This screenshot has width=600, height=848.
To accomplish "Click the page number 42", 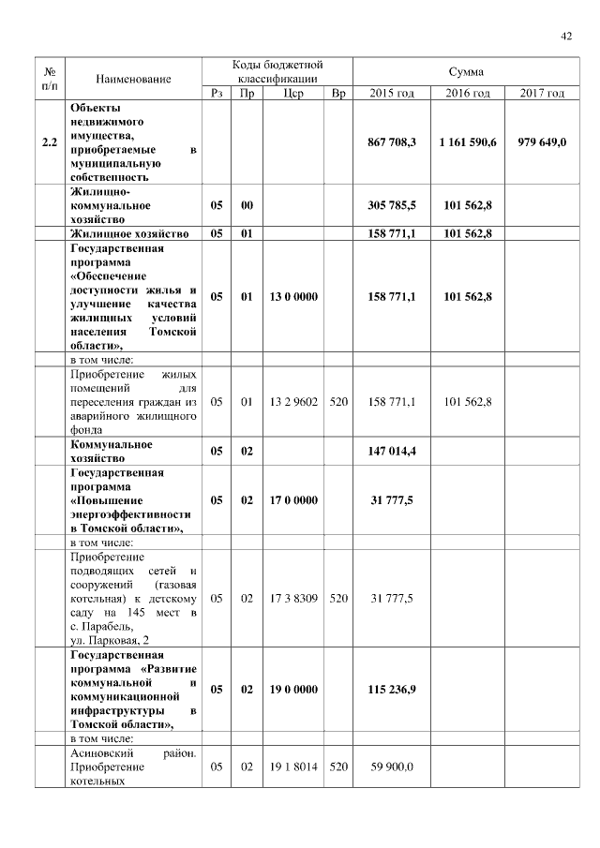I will [566, 37].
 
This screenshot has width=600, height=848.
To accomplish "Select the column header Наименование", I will [133, 80].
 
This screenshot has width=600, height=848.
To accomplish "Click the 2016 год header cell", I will [467, 94].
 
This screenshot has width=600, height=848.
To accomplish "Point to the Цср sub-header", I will [292, 94].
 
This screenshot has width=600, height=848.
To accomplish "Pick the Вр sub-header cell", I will [338, 94].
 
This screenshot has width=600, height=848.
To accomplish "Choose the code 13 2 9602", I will [292, 402].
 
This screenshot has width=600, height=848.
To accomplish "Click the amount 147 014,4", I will [392, 452].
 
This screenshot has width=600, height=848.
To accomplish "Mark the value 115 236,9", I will [392, 689].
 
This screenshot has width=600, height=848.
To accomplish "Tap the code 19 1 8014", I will [292, 766].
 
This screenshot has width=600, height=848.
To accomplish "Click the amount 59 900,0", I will [392, 766].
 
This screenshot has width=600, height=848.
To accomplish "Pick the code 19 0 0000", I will [292, 689].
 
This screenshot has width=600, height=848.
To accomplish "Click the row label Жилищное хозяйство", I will [130, 233].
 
